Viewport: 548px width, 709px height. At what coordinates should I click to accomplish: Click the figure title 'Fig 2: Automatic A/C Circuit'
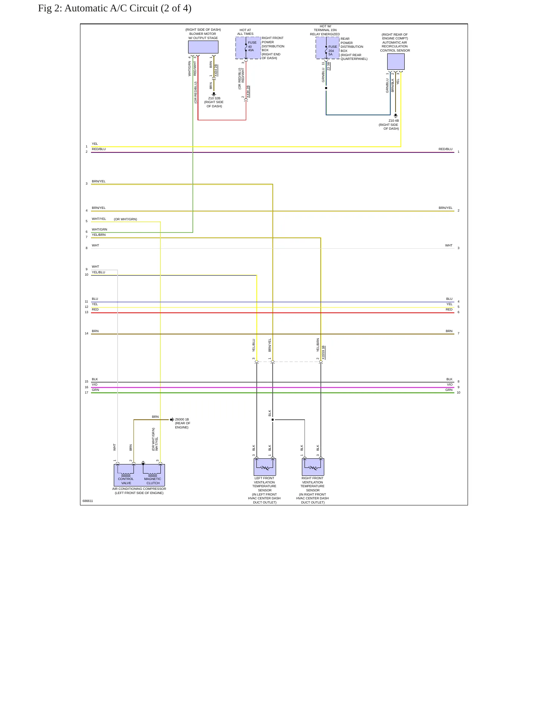(x=115, y=8)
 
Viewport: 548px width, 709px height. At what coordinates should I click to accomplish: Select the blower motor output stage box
(x=203, y=47)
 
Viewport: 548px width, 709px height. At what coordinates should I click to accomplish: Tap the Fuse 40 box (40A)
(x=248, y=48)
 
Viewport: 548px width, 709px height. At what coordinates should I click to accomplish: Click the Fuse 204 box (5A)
(x=328, y=48)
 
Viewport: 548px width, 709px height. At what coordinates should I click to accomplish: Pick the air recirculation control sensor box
(x=396, y=62)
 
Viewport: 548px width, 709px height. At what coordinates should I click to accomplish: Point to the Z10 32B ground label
(x=214, y=98)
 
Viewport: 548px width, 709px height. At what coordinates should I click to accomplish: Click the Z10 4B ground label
(x=394, y=121)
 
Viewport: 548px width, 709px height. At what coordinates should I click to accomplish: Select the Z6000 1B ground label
(x=182, y=419)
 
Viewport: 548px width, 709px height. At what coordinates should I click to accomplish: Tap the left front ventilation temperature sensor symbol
(x=265, y=467)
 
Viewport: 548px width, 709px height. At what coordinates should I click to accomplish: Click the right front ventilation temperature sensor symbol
(x=313, y=467)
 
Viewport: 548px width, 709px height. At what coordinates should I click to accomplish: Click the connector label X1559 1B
(x=323, y=353)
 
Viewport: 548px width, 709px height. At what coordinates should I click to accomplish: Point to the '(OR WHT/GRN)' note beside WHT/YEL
(x=126, y=219)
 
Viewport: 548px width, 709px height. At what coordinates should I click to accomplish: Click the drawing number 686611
(x=88, y=501)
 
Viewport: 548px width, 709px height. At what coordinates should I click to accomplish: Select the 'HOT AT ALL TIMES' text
(x=245, y=32)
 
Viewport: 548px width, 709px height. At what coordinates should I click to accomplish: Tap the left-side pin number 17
(x=86, y=392)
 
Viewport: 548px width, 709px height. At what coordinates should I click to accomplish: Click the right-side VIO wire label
(x=449, y=384)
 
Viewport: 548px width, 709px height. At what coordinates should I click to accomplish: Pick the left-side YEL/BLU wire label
(x=99, y=272)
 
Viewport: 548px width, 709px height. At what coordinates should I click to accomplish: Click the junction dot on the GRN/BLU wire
(x=326, y=88)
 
